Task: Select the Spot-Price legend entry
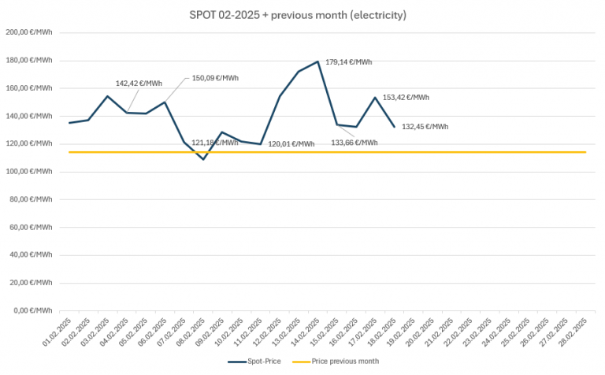[x=256, y=361]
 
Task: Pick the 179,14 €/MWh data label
[x=349, y=62]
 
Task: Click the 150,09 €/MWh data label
[x=215, y=78]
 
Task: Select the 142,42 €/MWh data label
[x=139, y=83]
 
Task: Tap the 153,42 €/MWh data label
[x=406, y=98]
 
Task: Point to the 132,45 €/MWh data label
[x=425, y=127]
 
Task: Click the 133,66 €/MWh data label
[x=354, y=143]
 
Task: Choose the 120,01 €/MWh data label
[x=291, y=144]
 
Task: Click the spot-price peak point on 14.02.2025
[x=317, y=61]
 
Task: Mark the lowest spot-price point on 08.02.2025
[x=203, y=159]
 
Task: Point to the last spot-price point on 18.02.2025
[x=394, y=126]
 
